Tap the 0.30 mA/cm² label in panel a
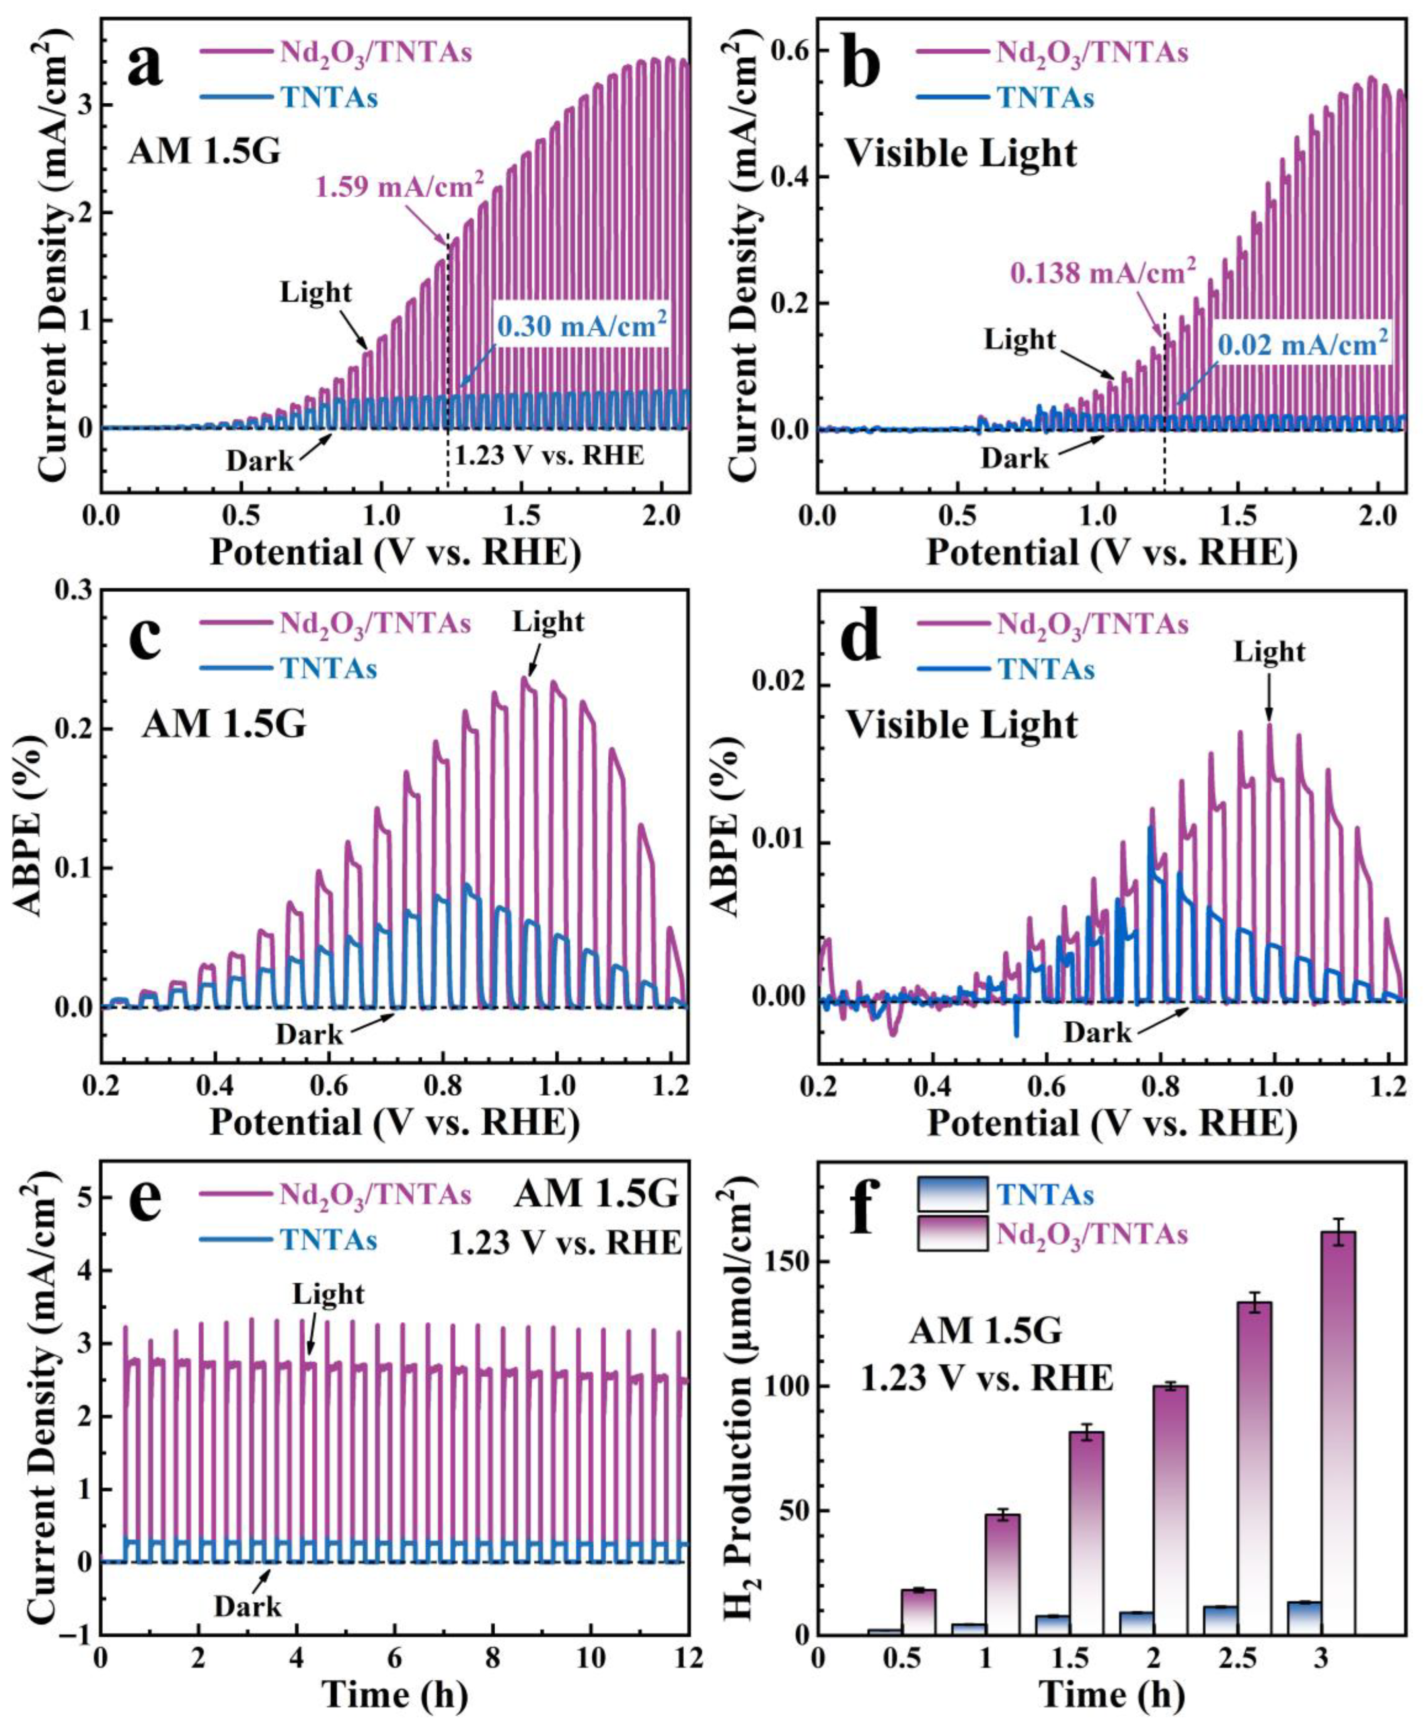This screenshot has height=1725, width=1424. tap(582, 328)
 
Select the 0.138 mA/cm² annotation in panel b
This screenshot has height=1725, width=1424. tap(1101, 272)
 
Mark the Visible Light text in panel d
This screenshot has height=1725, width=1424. tap(961, 726)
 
